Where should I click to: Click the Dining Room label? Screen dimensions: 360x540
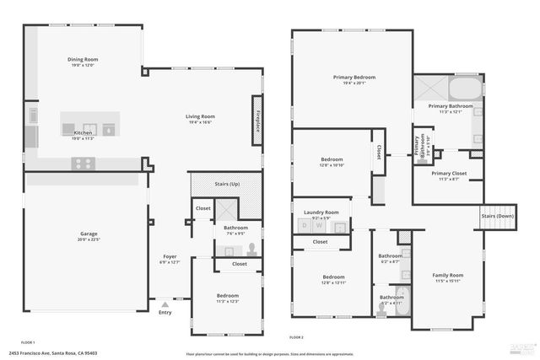[x=83, y=60]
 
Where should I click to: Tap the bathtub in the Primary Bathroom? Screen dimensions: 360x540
[x=463, y=89]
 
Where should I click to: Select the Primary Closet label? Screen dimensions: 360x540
[x=448, y=174]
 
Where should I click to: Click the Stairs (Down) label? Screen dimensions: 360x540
[x=498, y=216]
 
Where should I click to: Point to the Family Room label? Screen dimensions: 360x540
[x=448, y=275]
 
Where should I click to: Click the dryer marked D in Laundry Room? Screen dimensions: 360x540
[x=305, y=226]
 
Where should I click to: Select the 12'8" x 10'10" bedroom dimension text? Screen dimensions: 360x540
[x=332, y=165]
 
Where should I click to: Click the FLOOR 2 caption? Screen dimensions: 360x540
[x=296, y=336]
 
